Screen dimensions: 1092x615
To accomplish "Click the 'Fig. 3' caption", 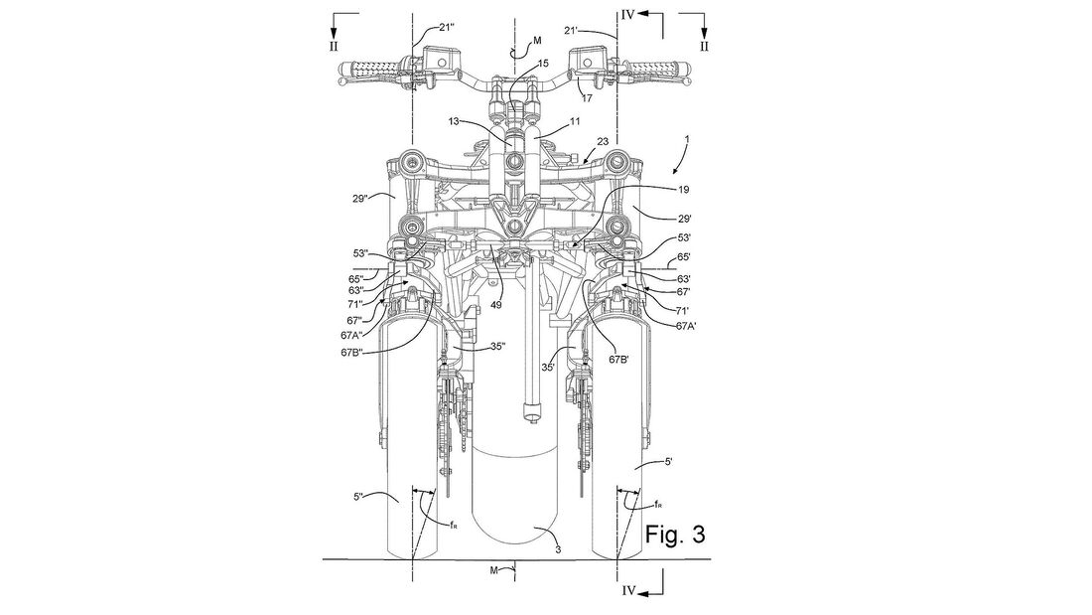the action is pos(674,535).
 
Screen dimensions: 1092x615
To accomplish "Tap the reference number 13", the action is pos(454,122).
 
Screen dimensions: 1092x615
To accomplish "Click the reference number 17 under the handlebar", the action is pos(587,98).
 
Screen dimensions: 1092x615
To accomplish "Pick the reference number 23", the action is pos(603,140).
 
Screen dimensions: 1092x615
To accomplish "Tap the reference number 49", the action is pos(494,304).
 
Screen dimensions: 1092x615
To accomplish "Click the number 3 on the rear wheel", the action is pos(559,550).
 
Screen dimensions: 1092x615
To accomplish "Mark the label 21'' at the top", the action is pos(446,27).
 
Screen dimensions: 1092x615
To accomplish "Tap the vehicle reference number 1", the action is pos(687,139).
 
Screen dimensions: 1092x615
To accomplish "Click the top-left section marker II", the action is pos(335,46).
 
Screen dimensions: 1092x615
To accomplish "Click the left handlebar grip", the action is pos(375,69).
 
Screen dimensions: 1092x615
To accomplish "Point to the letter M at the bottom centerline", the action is pos(493,571).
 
